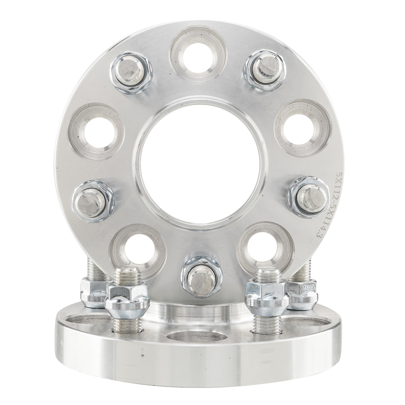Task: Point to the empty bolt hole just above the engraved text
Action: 302,128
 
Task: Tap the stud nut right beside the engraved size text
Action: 308,197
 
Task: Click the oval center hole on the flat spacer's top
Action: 196,336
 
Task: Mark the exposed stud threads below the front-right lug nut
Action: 266,324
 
